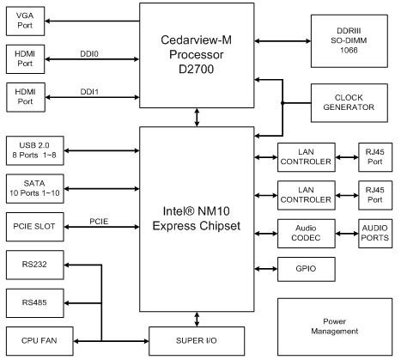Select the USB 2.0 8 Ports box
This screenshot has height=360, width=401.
(33, 151)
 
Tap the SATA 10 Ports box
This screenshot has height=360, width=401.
(33, 189)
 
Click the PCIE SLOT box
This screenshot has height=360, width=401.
(33, 229)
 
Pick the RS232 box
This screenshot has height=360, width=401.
(33, 265)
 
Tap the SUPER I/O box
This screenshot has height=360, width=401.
(197, 340)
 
